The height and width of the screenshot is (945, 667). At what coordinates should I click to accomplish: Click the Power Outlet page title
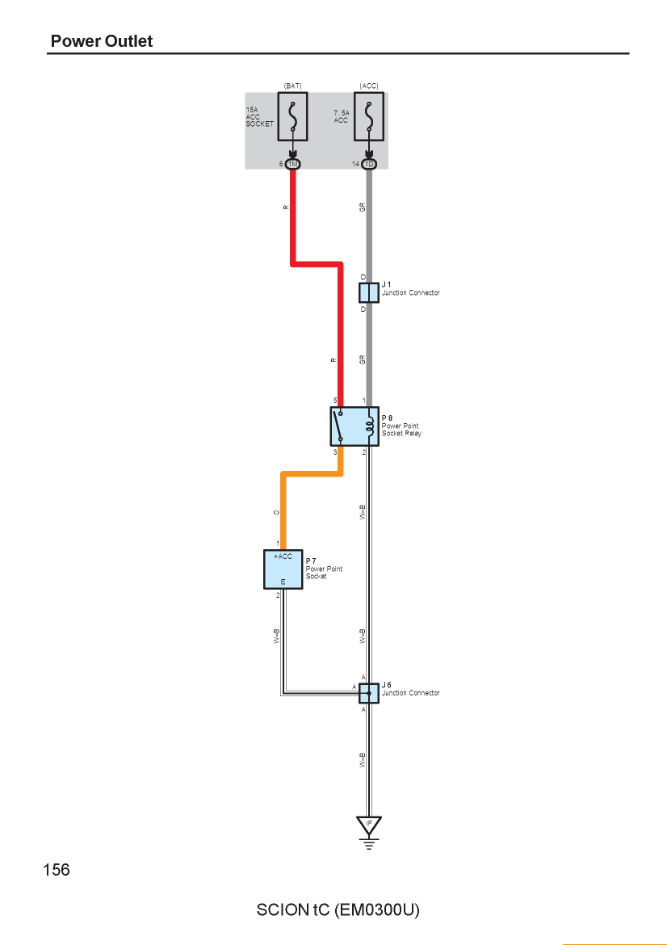tap(101, 41)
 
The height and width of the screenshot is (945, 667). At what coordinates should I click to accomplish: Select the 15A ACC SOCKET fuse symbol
tap(293, 116)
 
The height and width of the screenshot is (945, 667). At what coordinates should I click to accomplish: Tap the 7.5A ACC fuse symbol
tap(369, 116)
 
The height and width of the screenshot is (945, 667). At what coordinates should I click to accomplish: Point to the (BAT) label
tap(293, 86)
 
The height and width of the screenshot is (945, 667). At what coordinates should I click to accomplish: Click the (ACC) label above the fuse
tap(369, 86)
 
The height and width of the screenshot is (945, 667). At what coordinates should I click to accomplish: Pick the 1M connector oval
tap(293, 164)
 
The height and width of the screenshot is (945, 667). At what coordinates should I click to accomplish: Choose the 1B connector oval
tap(369, 164)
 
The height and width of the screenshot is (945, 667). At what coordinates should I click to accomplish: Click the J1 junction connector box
tap(369, 292)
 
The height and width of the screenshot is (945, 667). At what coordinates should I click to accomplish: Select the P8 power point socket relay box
tap(354, 426)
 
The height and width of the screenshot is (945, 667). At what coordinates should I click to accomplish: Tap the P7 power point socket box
tap(283, 569)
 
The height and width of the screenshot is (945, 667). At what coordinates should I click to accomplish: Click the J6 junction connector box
tap(369, 693)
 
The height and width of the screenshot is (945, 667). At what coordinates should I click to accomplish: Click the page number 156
tap(56, 870)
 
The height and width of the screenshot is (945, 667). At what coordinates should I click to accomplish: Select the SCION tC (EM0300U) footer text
tap(338, 909)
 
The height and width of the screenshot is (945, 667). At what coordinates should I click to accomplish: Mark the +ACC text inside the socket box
tap(283, 556)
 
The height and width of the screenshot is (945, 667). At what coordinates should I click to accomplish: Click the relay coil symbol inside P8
tap(369, 426)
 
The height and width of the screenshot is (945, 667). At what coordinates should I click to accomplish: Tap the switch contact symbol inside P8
tap(340, 426)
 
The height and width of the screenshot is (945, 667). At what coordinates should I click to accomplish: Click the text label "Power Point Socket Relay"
tap(401, 429)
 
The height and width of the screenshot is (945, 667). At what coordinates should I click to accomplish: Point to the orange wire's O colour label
tap(276, 512)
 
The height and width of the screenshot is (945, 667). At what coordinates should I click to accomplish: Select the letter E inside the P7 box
tap(283, 582)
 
